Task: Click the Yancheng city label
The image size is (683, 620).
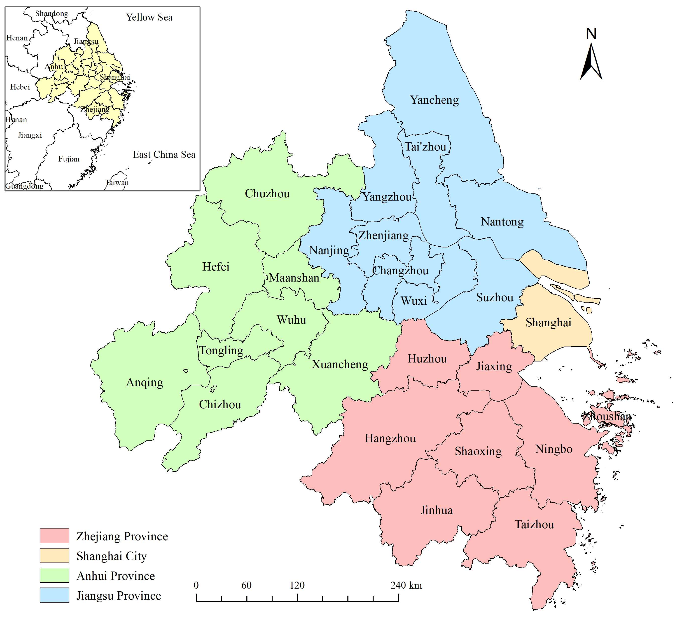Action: click(x=434, y=100)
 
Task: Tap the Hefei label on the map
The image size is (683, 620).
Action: click(x=216, y=266)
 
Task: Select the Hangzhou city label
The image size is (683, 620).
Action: click(x=390, y=438)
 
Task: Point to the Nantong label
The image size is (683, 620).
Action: click(x=502, y=222)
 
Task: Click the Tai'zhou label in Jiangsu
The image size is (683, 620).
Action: click(x=426, y=147)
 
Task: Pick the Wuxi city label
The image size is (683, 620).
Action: click(x=414, y=301)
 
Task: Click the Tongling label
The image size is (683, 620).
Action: click(x=221, y=350)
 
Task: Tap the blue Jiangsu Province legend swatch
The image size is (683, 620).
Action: click(x=54, y=595)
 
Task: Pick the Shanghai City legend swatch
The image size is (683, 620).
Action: click(x=54, y=556)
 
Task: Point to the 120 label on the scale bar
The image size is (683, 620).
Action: click(x=297, y=585)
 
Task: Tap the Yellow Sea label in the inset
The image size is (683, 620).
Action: click(x=149, y=17)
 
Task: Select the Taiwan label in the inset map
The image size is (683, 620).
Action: click(x=117, y=182)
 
